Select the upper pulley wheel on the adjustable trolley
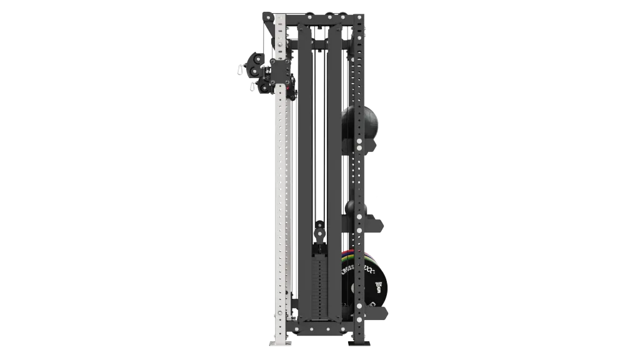[256, 63]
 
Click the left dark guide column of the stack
[304, 156]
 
